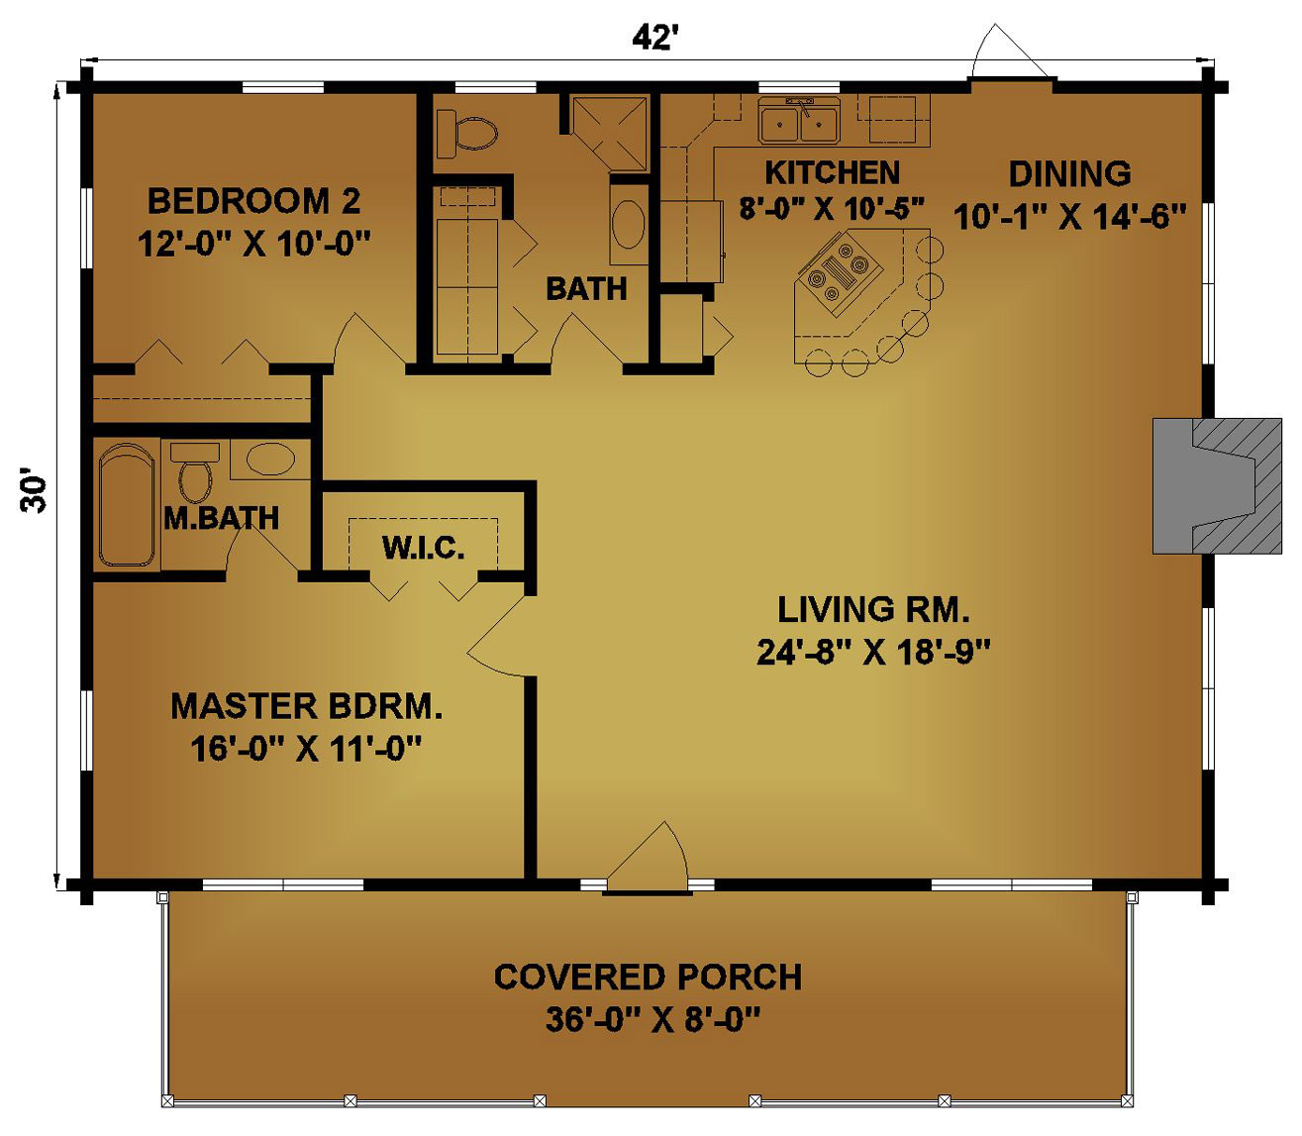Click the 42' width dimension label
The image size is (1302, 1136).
click(x=651, y=40)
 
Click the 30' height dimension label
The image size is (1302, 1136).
click(x=34, y=490)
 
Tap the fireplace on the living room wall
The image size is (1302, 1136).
click(x=1216, y=485)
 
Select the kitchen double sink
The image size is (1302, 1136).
click(x=799, y=121)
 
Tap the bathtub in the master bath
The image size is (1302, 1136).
click(x=128, y=505)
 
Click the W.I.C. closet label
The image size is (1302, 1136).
click(x=423, y=548)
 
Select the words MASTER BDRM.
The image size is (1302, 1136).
click(x=307, y=706)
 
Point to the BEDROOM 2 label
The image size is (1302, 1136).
click(x=253, y=201)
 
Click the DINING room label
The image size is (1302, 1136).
click(x=1069, y=173)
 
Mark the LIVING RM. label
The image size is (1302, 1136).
click(x=873, y=609)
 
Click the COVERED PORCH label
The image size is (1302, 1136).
click(x=648, y=977)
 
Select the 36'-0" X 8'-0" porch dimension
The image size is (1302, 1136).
click(x=653, y=1019)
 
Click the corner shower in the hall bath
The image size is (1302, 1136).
click(x=609, y=135)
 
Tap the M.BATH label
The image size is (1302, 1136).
click(x=222, y=518)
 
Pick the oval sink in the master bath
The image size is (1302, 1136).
click(x=270, y=459)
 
